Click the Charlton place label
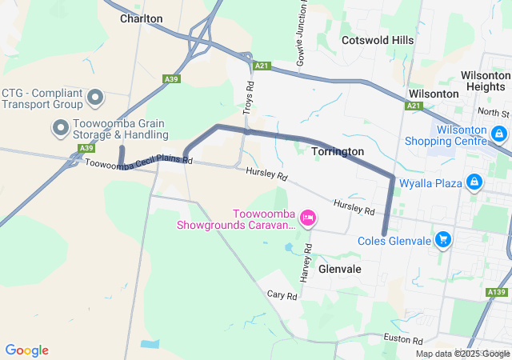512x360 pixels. click(141, 18)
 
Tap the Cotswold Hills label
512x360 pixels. click(378, 40)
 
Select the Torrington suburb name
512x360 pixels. click(337, 151)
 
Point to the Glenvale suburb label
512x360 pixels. click(340, 270)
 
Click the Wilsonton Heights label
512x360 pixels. click(485, 80)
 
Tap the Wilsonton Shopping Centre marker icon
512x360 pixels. click(499, 134)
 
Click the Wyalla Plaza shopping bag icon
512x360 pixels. click(474, 183)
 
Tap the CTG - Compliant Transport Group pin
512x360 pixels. click(95, 98)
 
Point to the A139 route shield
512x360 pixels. click(495, 293)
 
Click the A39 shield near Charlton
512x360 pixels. click(170, 79)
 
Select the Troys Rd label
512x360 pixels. click(249, 95)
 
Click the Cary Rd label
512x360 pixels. click(282, 295)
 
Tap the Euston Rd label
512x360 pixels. click(402, 340)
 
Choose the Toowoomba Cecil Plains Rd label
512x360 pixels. click(138, 162)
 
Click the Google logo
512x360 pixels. click(26, 350)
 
